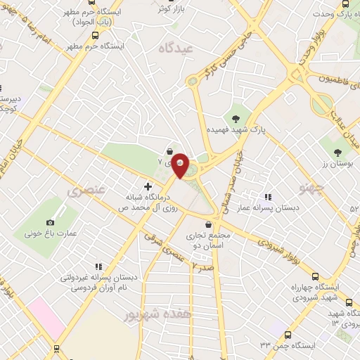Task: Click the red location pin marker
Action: click(x=180, y=165)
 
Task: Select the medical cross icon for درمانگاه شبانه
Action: click(x=148, y=186)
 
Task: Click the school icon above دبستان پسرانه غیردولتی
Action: click(x=98, y=266)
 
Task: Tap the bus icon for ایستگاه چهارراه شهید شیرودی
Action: click(x=316, y=276)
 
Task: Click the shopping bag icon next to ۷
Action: click(x=169, y=151)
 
